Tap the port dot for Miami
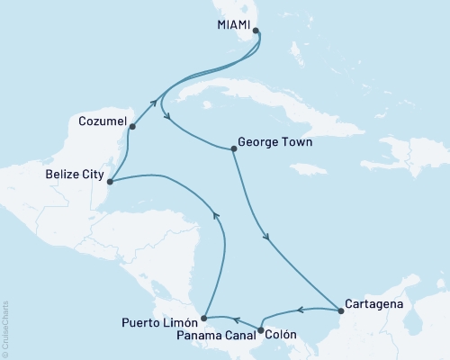[x=256, y=31]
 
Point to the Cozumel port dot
[x=132, y=127]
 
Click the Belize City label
[x=72, y=175]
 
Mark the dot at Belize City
[x=110, y=182]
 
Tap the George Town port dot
[x=233, y=149]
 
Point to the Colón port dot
[x=260, y=330]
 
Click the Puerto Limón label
[x=158, y=320]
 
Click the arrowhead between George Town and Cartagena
[x=267, y=238]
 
